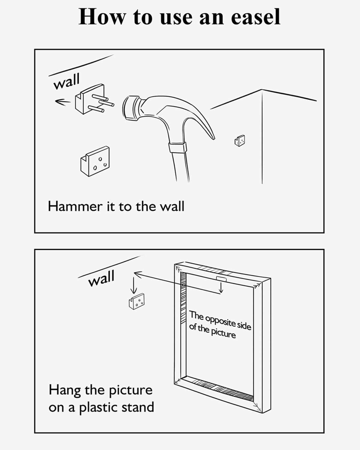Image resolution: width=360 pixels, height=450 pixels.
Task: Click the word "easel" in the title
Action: [255, 17]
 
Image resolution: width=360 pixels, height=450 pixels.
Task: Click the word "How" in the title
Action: [102, 17]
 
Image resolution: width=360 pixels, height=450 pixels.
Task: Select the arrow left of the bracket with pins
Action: [62, 102]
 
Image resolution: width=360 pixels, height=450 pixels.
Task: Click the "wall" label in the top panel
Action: [67, 81]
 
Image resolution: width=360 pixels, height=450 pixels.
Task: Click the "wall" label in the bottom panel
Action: [101, 278]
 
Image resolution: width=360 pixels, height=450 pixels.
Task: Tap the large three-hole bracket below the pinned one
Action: [95, 161]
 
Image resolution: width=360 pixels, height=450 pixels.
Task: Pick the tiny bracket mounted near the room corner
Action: [240, 140]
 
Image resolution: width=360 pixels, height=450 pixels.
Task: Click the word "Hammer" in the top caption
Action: [75, 206]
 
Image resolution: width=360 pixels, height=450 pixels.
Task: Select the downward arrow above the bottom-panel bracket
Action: [133, 285]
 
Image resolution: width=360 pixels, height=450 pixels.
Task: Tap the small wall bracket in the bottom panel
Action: [137, 301]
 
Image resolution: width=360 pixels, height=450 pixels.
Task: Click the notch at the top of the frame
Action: [221, 279]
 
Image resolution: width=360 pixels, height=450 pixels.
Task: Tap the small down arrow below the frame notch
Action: [221, 287]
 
